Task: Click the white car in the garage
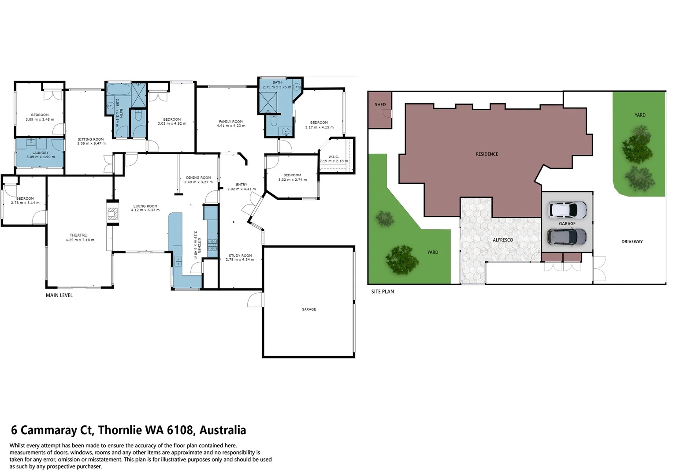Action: point(568,210)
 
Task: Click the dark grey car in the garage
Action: point(567,237)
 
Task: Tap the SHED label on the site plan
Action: point(380,105)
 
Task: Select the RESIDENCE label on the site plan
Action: point(487,154)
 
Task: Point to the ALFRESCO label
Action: point(502,240)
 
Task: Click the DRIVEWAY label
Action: point(632,242)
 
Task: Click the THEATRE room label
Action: point(78,235)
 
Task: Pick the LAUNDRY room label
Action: point(40,153)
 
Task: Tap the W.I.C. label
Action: point(334,157)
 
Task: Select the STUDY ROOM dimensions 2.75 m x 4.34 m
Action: point(240,260)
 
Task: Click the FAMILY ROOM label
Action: point(231,122)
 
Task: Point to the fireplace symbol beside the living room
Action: point(113,214)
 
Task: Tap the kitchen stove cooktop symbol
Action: point(212,245)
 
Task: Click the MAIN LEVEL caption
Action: point(59,295)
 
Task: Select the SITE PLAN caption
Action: point(382,291)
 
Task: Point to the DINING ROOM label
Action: point(198,178)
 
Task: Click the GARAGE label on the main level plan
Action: point(309,309)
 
